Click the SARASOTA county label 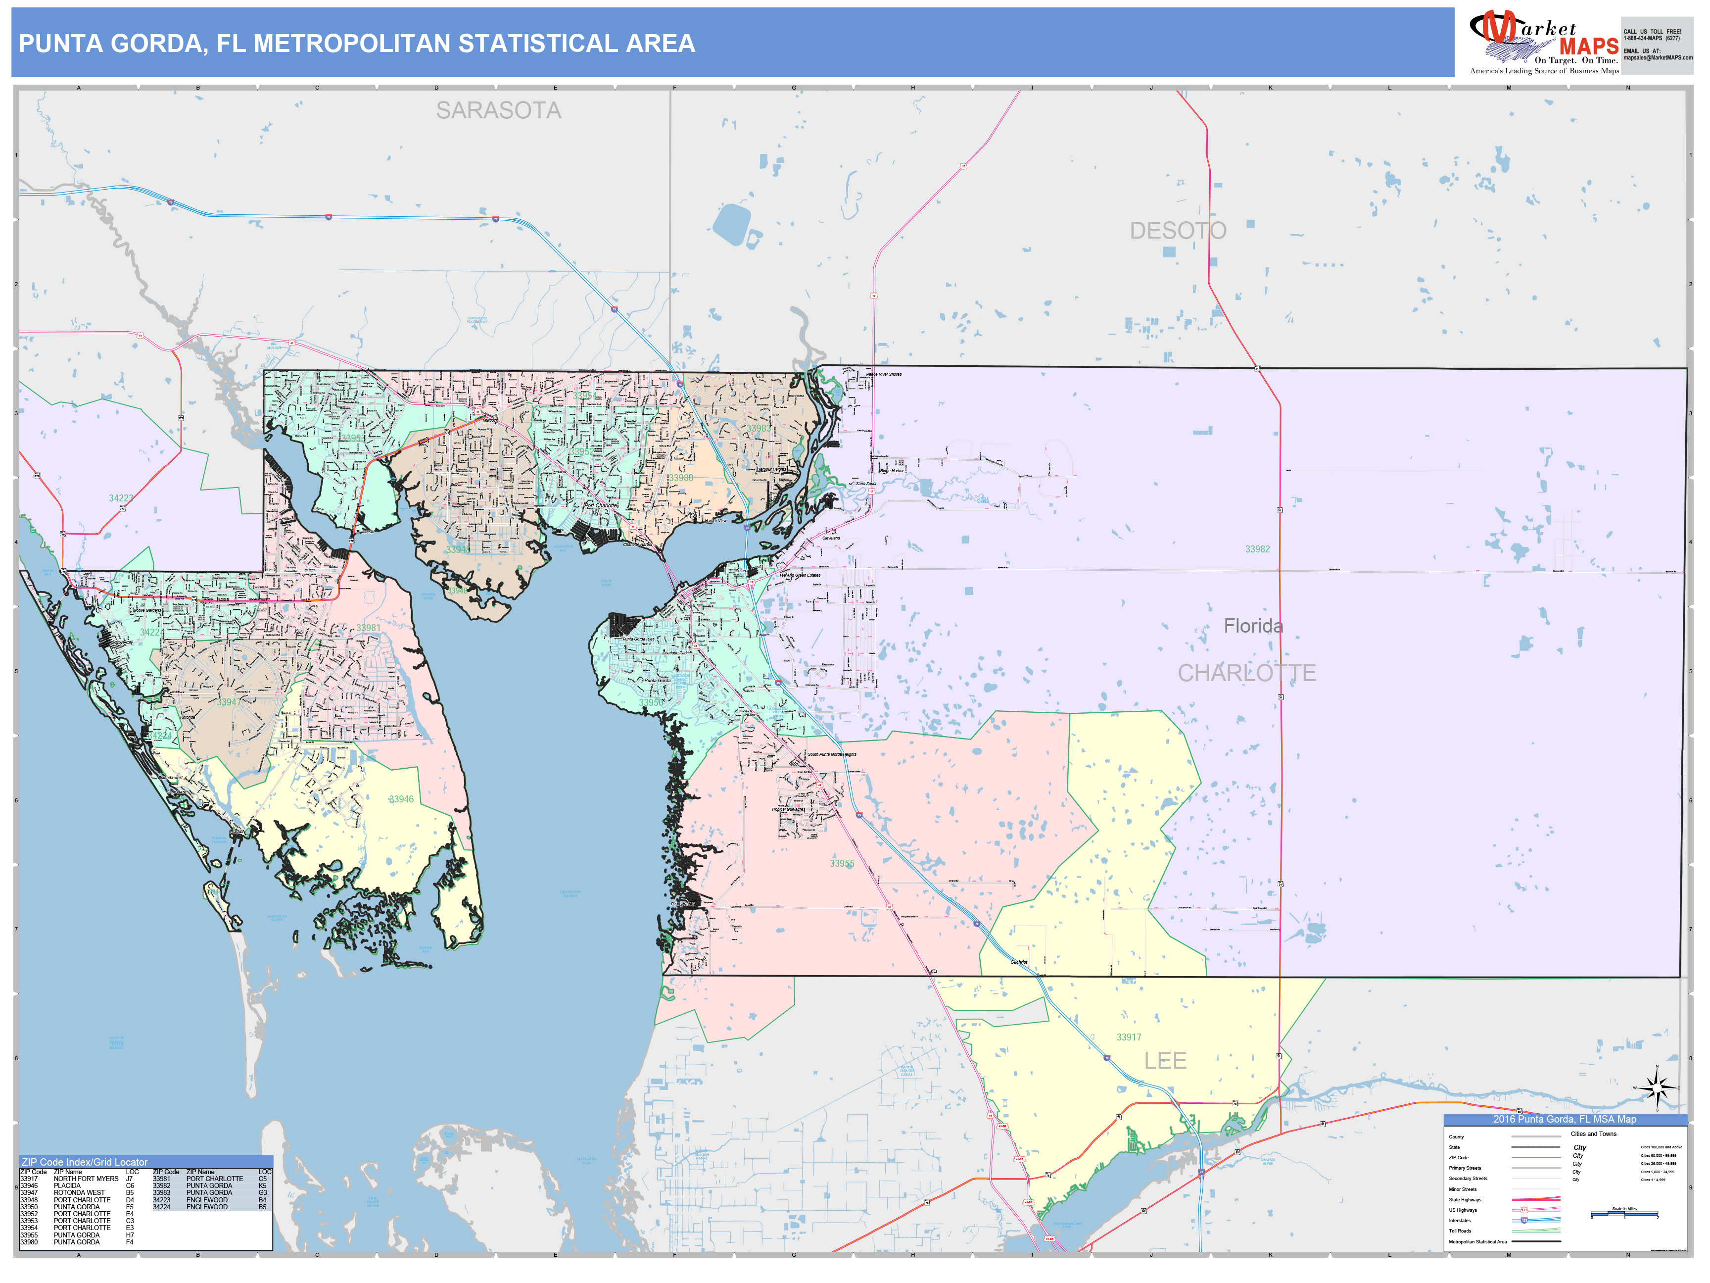(499, 110)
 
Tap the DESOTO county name (1178, 231)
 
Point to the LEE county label (1165, 1060)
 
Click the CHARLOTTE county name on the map (1246, 673)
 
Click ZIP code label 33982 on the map (1257, 549)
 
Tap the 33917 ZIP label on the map (1129, 1037)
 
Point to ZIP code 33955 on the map (842, 863)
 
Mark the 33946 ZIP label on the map (401, 799)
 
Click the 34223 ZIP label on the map (121, 498)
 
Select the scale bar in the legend (1624, 1215)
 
